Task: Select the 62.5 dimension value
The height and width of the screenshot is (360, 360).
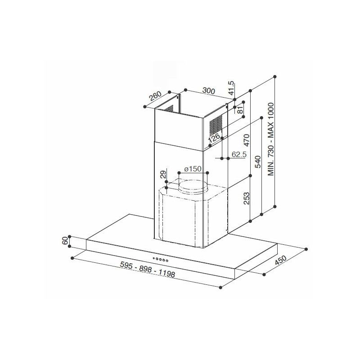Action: [239, 155]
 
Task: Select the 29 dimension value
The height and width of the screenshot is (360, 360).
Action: [163, 174]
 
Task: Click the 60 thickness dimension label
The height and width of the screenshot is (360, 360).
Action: [65, 241]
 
